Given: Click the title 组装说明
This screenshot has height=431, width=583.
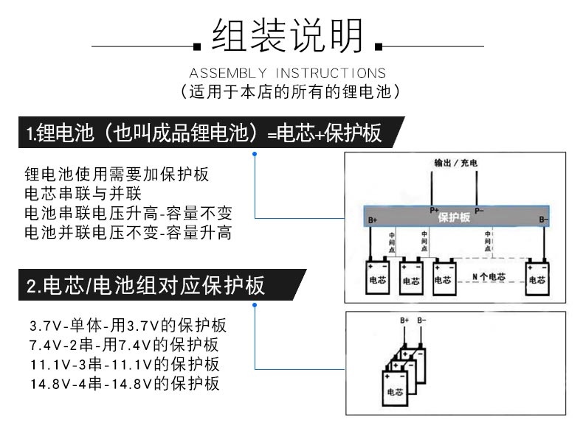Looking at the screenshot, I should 288,35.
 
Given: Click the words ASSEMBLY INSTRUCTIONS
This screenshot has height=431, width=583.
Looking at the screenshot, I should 288,73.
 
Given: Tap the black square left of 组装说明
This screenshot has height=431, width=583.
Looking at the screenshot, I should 197,47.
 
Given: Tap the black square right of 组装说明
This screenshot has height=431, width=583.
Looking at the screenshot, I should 379,47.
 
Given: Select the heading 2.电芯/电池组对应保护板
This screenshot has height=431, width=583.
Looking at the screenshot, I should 145,286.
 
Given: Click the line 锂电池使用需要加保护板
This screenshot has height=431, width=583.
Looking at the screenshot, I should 117,175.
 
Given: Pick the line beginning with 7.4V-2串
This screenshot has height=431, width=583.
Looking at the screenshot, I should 124,345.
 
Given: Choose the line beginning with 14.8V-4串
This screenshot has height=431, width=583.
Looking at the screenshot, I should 124,384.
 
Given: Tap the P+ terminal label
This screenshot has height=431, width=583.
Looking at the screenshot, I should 434,210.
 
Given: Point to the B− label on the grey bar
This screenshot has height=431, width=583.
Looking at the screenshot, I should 543,219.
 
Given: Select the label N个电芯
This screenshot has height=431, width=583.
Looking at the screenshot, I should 489,277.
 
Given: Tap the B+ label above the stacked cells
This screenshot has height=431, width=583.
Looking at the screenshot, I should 404,320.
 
